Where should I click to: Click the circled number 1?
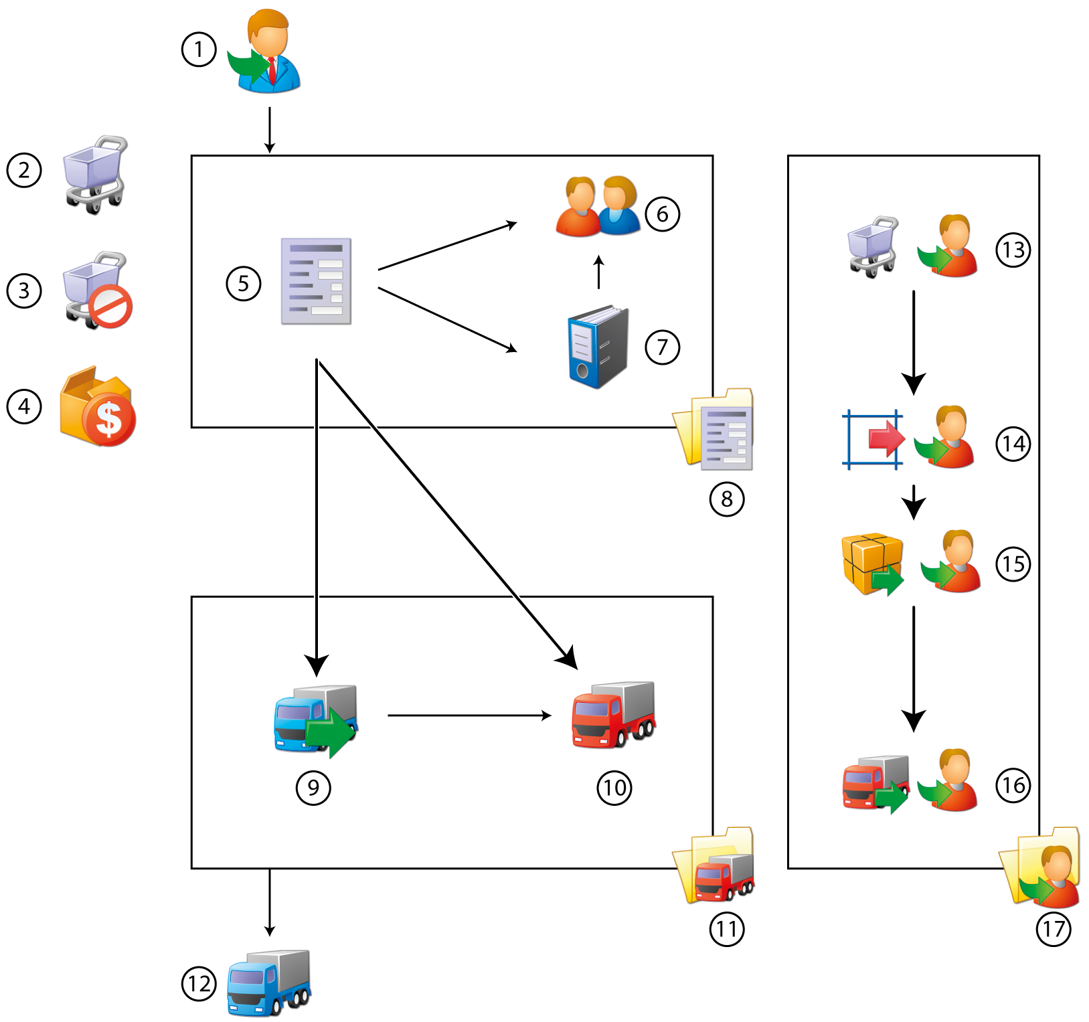pos(199,50)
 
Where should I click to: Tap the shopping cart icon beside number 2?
pos(95,173)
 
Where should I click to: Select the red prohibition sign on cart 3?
pos(111,307)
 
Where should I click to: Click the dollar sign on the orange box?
pos(109,419)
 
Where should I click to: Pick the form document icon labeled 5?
pos(316,281)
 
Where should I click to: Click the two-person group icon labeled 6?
pos(598,206)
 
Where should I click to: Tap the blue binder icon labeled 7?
pos(598,347)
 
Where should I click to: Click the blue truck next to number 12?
pos(269,982)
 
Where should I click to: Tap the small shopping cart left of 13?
pos(873,246)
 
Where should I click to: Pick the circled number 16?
pos(1013,784)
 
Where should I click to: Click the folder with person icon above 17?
pos(1041,868)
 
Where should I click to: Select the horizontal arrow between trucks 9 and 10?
pos(469,715)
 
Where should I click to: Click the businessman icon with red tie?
pos(268,52)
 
